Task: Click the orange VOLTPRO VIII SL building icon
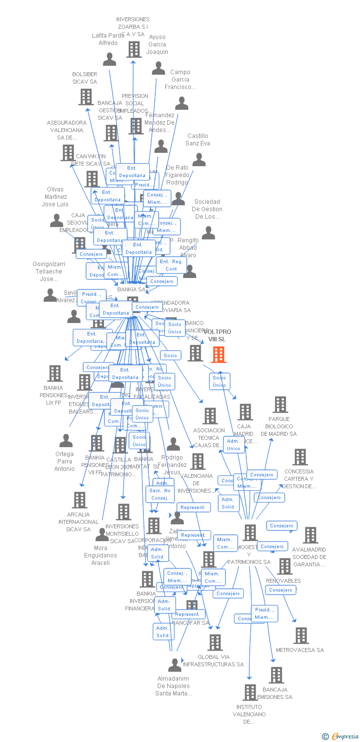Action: pyautogui.click(x=219, y=354)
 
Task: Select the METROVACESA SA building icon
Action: pyautogui.click(x=301, y=635)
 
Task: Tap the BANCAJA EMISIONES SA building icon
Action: pyautogui.click(x=276, y=675)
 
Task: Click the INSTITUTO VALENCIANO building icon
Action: pyautogui.click(x=251, y=692)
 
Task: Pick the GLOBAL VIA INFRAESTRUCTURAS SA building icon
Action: pyautogui.click(x=215, y=642)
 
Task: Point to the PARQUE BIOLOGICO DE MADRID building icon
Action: pyautogui.click(x=280, y=404)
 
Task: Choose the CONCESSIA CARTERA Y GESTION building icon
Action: pyautogui.click(x=300, y=457)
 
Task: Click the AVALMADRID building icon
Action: pyautogui.click(x=310, y=535)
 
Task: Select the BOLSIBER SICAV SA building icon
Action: pyautogui.click(x=86, y=97)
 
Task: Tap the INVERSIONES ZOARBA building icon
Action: pyautogui.click(x=134, y=49)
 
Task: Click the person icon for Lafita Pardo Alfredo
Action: pyautogui.click(x=109, y=59)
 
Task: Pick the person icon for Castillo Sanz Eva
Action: pyautogui.click(x=199, y=159)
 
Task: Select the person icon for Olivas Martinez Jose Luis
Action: pyautogui.click(x=56, y=221)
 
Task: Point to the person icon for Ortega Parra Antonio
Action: pyautogui.click(x=66, y=440)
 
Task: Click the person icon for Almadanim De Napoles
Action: pyautogui.click(x=175, y=664)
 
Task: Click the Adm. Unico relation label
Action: pyautogui.click(x=233, y=445)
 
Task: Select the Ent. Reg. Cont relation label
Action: pyautogui.click(x=171, y=265)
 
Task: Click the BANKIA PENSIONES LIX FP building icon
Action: pyautogui.click(x=54, y=373)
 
